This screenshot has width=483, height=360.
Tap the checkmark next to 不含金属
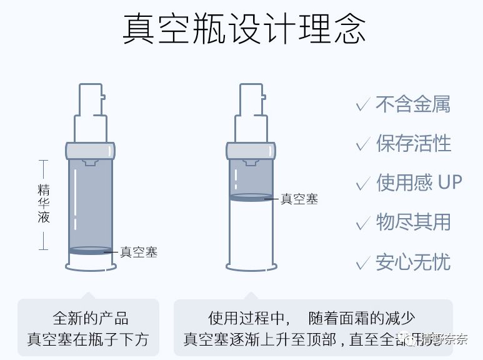(362, 104)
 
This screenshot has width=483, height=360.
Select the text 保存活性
(413, 143)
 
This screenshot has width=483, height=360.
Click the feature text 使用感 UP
(419, 182)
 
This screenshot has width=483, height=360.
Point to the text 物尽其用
(413, 222)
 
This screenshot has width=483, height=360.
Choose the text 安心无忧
(413, 261)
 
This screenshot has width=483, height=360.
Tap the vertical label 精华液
(43, 204)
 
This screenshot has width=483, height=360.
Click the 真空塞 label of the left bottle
(139, 252)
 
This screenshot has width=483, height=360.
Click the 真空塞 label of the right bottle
(299, 199)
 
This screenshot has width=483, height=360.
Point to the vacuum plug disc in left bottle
(91, 251)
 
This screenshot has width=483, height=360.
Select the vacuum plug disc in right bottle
(251, 197)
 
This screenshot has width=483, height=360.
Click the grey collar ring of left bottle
(91, 150)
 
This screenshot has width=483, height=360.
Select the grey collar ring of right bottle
(251, 150)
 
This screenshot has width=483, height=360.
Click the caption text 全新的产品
(91, 317)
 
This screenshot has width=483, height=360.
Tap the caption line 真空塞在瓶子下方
(88, 339)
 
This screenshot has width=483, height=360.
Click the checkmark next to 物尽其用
(362, 222)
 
